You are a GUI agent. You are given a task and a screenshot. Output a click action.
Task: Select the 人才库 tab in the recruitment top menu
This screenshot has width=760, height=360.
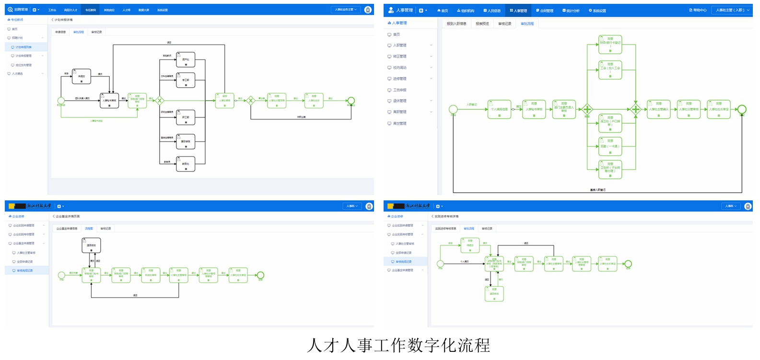126,10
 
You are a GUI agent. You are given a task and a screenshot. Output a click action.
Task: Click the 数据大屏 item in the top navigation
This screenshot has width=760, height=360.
143,10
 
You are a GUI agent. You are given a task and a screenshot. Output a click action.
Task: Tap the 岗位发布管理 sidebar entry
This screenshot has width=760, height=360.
23,65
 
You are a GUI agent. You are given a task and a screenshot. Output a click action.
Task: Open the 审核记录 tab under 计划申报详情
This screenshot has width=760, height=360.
96,32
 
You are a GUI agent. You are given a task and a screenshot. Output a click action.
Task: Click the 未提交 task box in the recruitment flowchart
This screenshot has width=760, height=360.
82,76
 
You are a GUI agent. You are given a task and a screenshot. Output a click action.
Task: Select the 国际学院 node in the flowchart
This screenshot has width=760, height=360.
186,141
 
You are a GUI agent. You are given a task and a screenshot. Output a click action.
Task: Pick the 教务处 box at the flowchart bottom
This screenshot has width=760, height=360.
186,164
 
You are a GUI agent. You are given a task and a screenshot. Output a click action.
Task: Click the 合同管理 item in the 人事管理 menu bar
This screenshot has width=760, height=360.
545,11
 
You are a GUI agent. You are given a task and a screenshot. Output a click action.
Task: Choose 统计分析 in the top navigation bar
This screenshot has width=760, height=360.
571,11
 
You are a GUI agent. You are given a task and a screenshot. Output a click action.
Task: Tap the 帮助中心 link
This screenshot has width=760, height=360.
698,10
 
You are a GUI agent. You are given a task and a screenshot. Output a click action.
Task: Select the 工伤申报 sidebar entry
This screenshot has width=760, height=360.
399,90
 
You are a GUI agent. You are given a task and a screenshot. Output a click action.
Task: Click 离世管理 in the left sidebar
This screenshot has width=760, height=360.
399,124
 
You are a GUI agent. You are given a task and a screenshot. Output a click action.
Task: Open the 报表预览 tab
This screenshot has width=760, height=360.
482,23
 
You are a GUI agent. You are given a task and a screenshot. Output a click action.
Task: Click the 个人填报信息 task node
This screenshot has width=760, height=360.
499,109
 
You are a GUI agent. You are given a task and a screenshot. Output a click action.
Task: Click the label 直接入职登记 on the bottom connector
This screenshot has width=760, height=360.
597,190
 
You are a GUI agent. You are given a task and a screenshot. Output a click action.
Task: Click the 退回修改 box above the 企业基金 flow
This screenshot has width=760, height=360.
91,245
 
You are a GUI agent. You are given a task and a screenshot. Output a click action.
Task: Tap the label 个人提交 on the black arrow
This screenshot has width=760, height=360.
464,262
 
